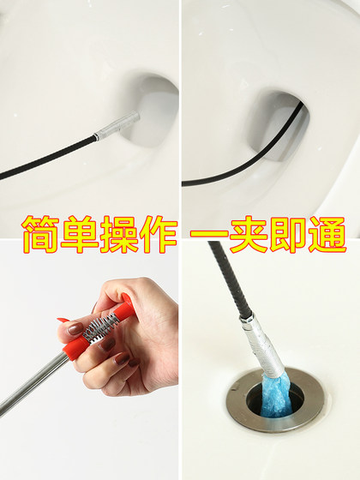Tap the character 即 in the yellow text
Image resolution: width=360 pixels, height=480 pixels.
(290, 234)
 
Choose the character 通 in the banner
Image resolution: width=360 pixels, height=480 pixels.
(329, 234)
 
